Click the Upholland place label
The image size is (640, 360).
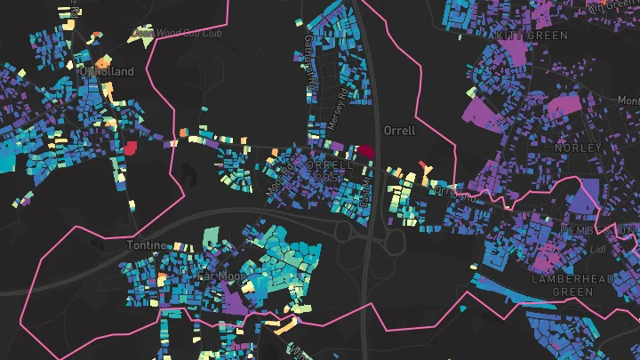point(106,70)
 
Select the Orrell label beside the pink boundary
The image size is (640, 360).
point(399,130)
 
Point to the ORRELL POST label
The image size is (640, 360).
point(329,172)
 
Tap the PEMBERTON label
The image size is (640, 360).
point(595,229)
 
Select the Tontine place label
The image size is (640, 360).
point(146,244)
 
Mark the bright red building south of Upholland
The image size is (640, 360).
point(132,147)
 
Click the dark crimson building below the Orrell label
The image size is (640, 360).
point(364,152)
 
